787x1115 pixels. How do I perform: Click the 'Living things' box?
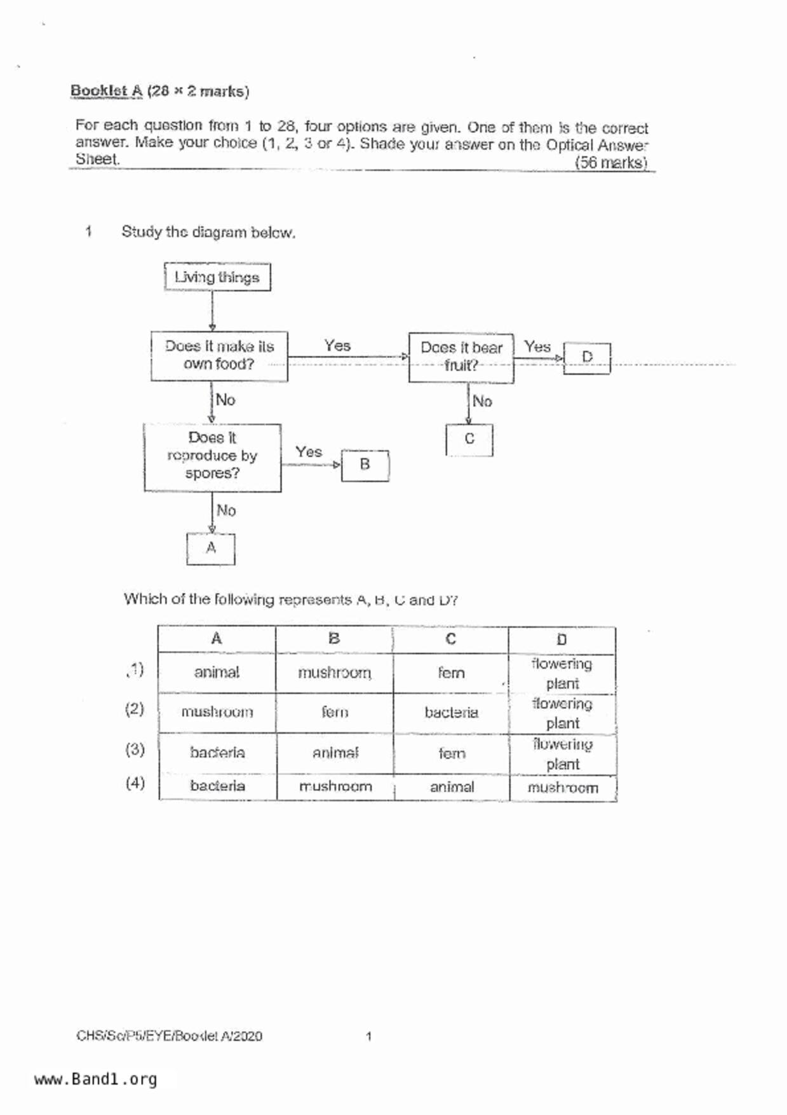pos(217,277)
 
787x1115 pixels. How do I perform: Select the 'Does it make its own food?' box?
pos(219,356)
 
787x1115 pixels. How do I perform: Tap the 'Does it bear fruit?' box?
pos(461,357)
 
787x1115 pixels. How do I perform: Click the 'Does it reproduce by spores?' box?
pos(212,456)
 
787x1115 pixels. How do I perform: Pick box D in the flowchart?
pos(587,358)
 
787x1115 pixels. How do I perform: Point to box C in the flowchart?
pos(469,439)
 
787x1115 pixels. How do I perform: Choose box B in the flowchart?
pos(365,465)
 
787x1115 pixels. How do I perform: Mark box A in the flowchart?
pos(211,548)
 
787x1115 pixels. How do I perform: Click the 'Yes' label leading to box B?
pos(309,452)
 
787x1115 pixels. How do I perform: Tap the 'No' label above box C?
pos(482,402)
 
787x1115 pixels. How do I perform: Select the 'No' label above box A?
pos(226,510)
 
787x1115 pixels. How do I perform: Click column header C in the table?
pos(450,639)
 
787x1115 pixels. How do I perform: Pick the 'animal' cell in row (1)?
pos(217,673)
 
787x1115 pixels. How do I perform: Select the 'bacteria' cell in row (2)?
pos(451,713)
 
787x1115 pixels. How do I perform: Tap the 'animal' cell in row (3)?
pos(335,753)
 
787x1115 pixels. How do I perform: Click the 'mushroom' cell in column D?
pos(563,788)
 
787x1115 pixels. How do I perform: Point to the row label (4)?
pos(135,783)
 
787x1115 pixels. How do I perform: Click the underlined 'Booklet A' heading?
pos(106,91)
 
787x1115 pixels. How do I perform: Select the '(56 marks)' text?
pos(610,163)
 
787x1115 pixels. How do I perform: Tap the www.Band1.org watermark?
pos(95,1079)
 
